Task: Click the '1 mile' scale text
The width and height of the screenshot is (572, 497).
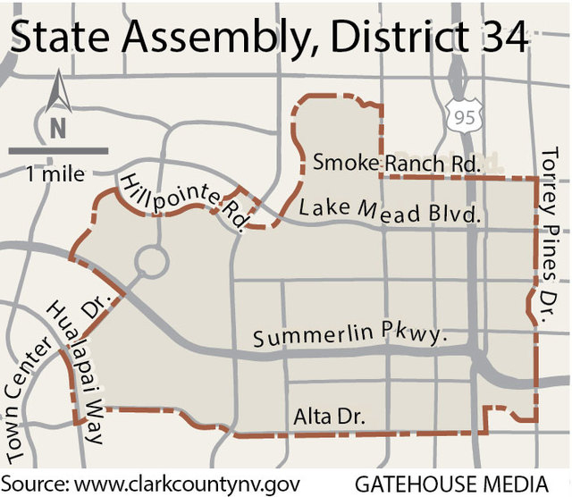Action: coord(56,173)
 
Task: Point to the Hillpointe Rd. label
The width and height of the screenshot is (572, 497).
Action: coord(183,198)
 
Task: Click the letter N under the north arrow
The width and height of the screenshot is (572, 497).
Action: coord(58,128)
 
